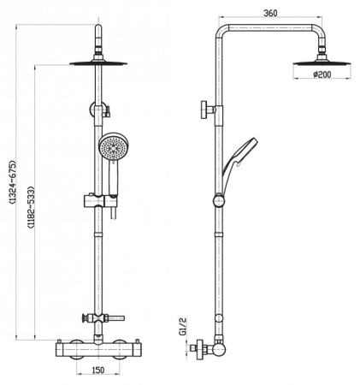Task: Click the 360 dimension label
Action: pos(270,13)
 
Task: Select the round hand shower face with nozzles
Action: pos(111,147)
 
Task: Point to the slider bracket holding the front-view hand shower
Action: pos(99,202)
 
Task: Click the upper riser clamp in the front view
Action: pos(99,109)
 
